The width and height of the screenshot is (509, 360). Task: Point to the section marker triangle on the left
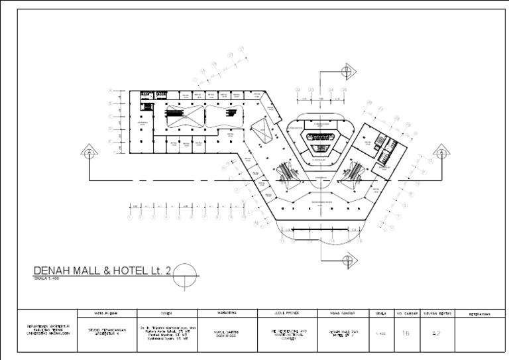coord(88,152)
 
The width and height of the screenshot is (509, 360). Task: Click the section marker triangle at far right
coord(441,152)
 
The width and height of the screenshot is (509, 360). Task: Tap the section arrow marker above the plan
coord(347,70)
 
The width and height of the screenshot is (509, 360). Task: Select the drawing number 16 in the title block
coord(406,333)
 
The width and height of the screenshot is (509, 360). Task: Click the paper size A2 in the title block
coord(436,333)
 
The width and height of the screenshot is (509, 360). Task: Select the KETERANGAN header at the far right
coord(481,314)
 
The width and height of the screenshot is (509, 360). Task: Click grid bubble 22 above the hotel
coord(299,89)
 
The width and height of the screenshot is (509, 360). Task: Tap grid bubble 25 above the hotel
coord(344,89)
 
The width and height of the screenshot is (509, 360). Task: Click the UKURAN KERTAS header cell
coord(436,314)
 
